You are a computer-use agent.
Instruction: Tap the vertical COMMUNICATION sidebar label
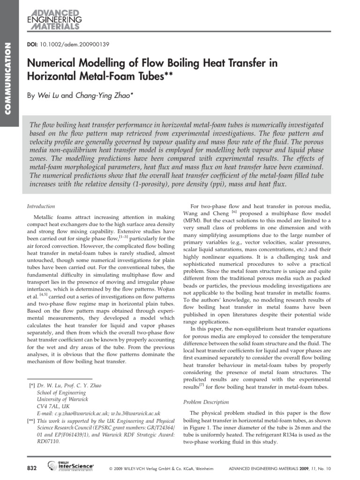point(7,78)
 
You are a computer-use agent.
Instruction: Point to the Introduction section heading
point(41,206)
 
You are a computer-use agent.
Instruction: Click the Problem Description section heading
point(206,402)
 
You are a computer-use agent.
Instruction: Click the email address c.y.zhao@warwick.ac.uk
point(82,413)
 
